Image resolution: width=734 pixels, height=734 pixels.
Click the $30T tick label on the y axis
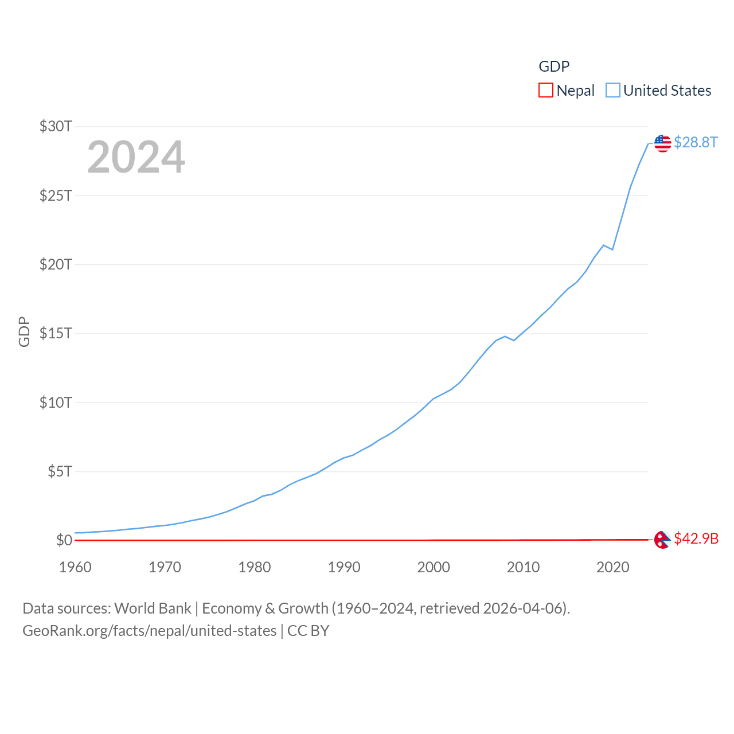tap(56, 126)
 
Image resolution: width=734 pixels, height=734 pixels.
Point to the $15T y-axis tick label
tap(56, 333)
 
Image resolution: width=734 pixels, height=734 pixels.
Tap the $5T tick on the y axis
tap(60, 471)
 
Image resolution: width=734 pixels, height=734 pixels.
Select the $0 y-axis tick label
tap(64, 540)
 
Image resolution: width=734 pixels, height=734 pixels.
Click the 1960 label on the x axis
tap(75, 567)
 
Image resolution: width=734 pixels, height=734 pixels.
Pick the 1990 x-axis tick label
tap(344, 567)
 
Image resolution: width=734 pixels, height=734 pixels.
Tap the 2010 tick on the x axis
tap(523, 567)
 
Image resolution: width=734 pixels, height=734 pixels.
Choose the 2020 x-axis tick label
tap(613, 567)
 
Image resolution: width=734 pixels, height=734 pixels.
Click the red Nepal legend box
tap(546, 91)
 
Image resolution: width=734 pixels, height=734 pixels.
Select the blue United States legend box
tap(613, 91)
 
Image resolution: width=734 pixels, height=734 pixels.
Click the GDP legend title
tap(554, 67)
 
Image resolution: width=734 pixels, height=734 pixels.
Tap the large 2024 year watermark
tap(136, 157)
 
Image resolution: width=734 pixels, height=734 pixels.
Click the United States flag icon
tap(663, 143)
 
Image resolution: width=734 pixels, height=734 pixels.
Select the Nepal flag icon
tap(662, 540)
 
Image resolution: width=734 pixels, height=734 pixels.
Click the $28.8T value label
tap(696, 142)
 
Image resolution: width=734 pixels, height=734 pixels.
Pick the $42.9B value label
tap(696, 538)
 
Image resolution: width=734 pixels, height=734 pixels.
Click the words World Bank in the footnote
tap(153, 608)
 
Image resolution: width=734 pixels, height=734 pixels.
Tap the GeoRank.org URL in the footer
tap(149, 631)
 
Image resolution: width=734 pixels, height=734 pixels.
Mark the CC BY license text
tap(308, 631)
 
